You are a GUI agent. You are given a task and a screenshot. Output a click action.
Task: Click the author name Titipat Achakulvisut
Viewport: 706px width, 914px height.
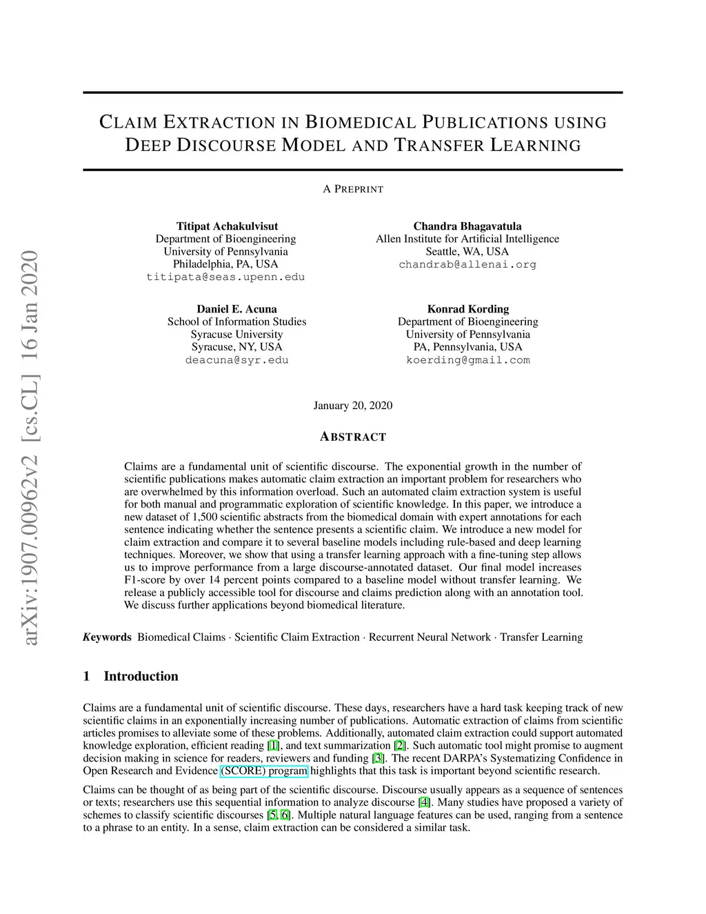coord(227,226)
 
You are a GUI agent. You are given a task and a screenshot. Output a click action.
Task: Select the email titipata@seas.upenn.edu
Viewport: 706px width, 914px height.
coord(225,277)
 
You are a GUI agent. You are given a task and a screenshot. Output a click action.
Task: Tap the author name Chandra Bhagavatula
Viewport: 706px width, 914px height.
coord(467,226)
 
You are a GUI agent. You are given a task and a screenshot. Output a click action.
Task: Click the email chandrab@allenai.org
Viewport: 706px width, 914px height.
coord(467,265)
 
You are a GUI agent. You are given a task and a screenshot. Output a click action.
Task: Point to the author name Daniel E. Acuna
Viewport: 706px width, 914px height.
coord(236,309)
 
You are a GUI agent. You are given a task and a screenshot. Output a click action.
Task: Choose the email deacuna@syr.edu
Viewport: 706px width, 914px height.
coord(236,360)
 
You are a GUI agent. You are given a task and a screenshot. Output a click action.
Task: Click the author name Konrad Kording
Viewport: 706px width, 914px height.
coord(467,309)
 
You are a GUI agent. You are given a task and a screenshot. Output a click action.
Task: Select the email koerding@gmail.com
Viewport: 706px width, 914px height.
coord(467,360)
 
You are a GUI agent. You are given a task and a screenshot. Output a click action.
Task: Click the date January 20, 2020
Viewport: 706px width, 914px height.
coord(353,406)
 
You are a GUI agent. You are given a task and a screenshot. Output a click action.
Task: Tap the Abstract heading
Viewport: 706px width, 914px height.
coord(353,437)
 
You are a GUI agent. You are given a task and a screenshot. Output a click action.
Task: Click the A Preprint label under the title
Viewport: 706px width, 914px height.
coord(353,189)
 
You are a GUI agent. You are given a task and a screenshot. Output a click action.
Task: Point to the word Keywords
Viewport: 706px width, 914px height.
coord(107,637)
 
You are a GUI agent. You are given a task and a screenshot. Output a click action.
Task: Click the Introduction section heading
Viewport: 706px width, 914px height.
coord(141,677)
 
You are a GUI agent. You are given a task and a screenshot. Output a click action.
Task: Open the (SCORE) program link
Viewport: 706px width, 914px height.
coord(264,771)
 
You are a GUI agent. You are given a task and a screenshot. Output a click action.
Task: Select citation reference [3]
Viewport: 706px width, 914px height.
coord(378,758)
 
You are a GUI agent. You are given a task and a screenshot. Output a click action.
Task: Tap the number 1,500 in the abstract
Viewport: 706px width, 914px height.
coord(205,517)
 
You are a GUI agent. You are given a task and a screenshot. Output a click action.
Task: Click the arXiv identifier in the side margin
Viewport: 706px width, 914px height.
coord(30,448)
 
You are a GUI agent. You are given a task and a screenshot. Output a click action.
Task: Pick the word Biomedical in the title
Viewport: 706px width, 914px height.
coord(360,123)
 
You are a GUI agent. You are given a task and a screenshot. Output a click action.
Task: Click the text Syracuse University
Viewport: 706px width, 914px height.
coord(236,335)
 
